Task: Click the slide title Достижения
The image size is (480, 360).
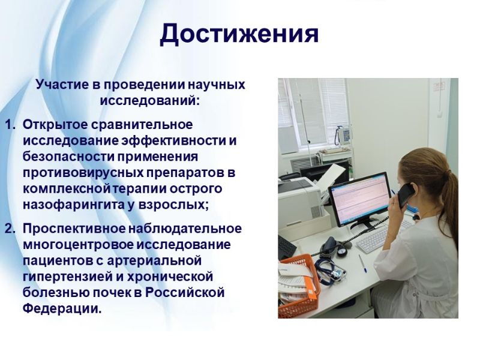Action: coord(239,34)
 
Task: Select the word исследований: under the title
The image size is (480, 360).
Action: coord(149,100)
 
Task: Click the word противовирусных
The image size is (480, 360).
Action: coord(83,173)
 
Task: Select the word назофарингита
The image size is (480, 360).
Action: coord(73,205)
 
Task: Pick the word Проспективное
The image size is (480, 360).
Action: coord(74,229)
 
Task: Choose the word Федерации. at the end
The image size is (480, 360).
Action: coord(62,308)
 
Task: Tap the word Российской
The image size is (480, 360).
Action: coord(185,292)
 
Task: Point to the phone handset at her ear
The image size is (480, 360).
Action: coord(406,196)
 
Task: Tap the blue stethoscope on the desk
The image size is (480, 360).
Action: coord(331,269)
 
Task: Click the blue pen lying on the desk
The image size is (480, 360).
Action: coord(362,263)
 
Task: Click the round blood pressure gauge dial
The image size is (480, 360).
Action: coord(342,251)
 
